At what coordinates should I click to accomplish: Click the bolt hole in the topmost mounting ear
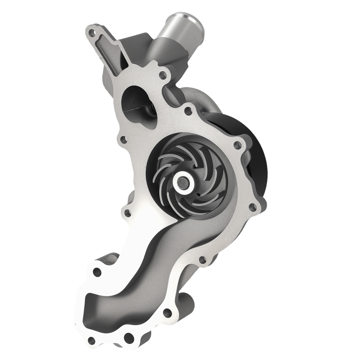(x=94, y=32)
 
